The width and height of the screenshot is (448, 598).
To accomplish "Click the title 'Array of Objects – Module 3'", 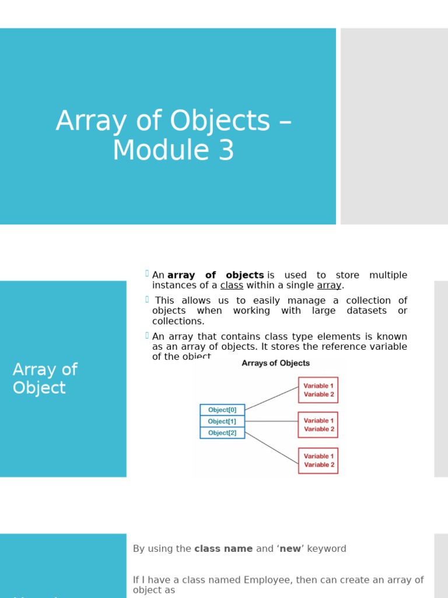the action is click(x=173, y=135).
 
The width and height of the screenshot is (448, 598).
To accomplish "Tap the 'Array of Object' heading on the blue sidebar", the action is click(x=45, y=378).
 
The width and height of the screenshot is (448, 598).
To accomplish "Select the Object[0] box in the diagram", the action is click(x=222, y=410).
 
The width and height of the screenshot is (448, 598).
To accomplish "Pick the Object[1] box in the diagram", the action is click(x=222, y=421).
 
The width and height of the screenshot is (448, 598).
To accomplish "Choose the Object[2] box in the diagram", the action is click(x=222, y=433).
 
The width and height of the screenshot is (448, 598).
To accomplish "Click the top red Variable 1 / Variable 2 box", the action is click(x=318, y=390).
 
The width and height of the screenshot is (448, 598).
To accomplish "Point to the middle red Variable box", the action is click(x=318, y=425).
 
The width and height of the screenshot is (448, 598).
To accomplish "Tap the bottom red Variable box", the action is click(x=318, y=460).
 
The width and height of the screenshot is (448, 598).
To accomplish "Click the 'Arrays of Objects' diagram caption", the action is click(x=276, y=363).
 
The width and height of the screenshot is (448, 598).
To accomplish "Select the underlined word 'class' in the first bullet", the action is click(x=232, y=286).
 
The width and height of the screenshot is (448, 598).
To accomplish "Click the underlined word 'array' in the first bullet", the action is click(x=329, y=286).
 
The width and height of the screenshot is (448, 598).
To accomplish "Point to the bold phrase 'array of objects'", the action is click(x=215, y=275).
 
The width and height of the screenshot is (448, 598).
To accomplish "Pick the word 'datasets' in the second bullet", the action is click(x=366, y=311).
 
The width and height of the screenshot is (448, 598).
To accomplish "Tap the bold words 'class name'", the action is click(x=223, y=549).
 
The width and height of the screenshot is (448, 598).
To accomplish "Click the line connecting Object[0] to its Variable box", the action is click(x=271, y=398).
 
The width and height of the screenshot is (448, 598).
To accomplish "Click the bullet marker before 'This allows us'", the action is click(x=147, y=300).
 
